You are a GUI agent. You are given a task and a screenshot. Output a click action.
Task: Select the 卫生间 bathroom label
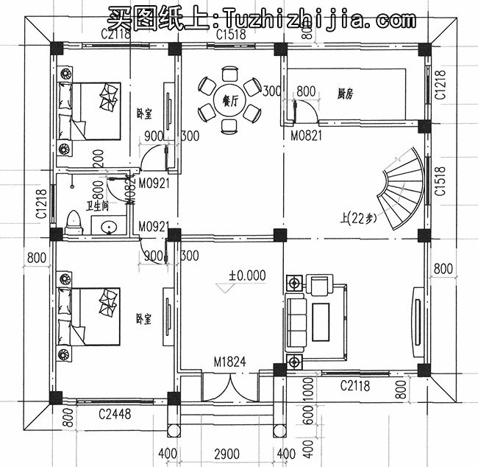click(x=94, y=207)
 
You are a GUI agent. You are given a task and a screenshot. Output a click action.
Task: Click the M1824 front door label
click(x=229, y=362)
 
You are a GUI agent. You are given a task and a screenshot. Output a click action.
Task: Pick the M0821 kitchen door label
click(x=304, y=136)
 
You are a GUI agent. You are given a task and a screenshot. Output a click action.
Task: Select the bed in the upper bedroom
click(x=91, y=111)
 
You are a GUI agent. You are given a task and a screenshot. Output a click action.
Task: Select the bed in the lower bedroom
click(x=91, y=315)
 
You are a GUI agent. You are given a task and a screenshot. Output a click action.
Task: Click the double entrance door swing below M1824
click(x=229, y=387)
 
